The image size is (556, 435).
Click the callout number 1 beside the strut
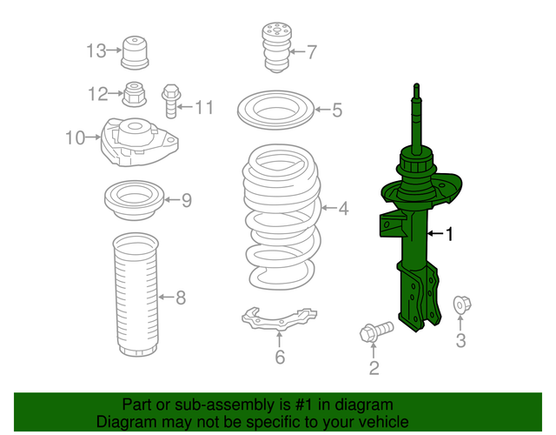pyautogui.click(x=450, y=233)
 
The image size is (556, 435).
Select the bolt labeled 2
pyautogui.click(x=374, y=331)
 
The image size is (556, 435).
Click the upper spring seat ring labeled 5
pyautogui.click(x=274, y=110)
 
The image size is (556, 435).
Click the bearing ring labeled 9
pyautogui.click(x=135, y=201)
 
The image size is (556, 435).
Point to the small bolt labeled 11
pyautogui.click(x=171, y=103)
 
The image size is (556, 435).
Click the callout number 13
pyautogui.click(x=96, y=50)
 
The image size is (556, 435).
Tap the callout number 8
pyautogui.click(x=181, y=298)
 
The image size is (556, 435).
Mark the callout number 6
pyautogui.click(x=280, y=357)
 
